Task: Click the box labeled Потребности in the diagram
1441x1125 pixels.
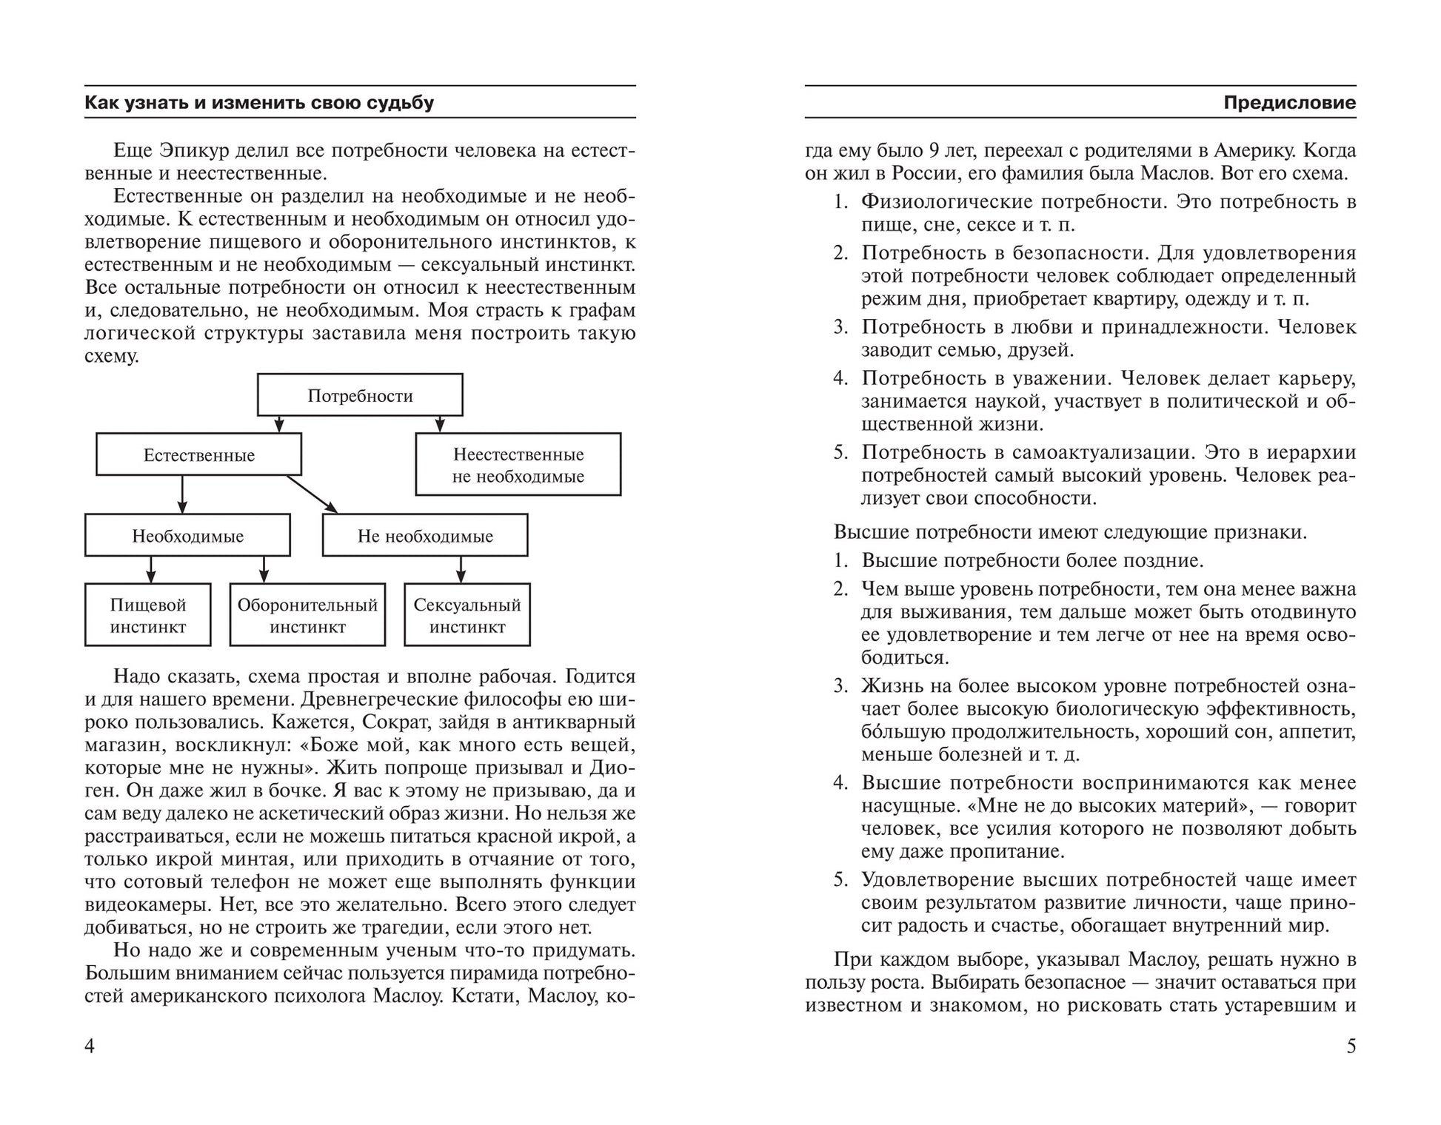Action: (x=360, y=395)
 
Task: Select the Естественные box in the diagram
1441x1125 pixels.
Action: (x=198, y=454)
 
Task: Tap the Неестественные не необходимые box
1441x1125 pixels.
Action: (x=518, y=465)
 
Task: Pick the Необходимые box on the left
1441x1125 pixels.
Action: (x=187, y=535)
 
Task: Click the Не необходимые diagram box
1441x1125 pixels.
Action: (x=425, y=535)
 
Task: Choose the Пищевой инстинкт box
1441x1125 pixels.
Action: (x=147, y=615)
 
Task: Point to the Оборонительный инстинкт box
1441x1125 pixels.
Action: (x=307, y=615)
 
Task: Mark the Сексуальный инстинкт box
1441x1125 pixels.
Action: (x=467, y=615)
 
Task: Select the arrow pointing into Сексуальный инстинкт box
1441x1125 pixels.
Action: (x=461, y=569)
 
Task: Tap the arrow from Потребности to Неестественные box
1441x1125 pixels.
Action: (x=440, y=424)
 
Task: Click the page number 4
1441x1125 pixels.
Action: (x=90, y=1046)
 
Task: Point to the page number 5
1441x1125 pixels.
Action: (x=1351, y=1046)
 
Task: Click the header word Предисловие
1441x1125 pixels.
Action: (x=1289, y=102)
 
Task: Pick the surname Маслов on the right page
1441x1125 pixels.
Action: (x=1174, y=173)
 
